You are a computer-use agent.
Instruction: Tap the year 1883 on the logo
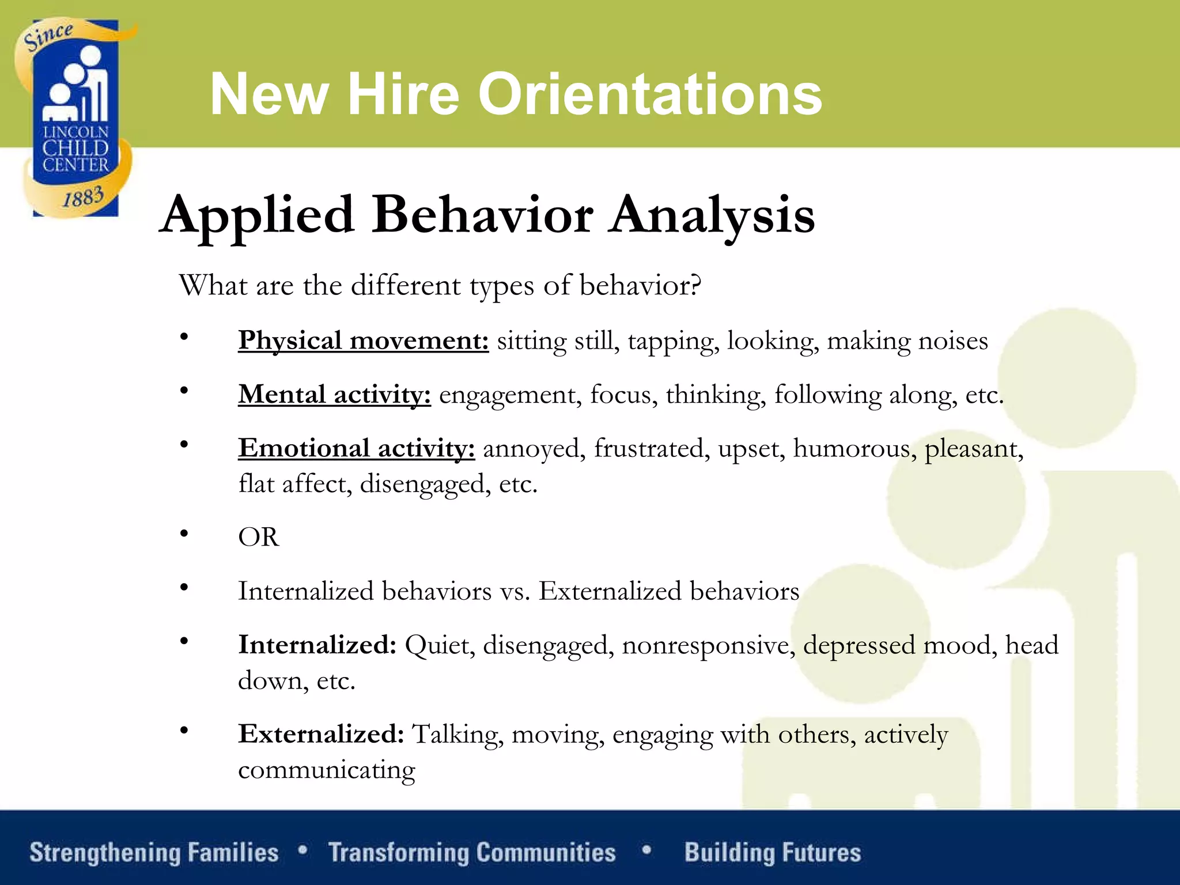[84, 197]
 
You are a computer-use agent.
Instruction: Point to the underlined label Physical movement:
[364, 341]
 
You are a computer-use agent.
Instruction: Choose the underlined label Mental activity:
[334, 395]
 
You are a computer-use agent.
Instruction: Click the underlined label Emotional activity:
[357, 448]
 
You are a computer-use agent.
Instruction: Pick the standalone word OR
[259, 537]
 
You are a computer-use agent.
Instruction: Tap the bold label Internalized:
[317, 645]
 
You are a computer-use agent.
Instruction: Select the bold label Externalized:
[321, 734]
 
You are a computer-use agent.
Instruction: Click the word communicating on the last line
[327, 770]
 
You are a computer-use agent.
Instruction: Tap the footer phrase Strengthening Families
[154, 853]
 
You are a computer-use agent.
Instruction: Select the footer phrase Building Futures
[773, 853]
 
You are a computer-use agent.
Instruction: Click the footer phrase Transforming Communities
[472, 853]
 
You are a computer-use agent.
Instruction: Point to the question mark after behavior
[696, 285]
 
